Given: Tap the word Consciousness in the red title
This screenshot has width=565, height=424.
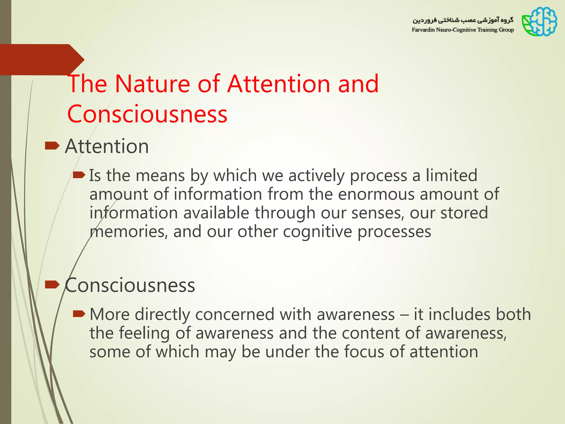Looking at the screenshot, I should click(x=147, y=114).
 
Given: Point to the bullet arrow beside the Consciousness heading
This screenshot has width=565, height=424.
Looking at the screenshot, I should click(x=52, y=284).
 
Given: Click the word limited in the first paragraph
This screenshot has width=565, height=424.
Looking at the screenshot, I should click(x=451, y=175).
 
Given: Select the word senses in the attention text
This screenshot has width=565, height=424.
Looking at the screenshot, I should click(x=378, y=213).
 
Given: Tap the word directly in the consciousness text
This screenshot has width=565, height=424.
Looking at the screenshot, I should click(x=162, y=314).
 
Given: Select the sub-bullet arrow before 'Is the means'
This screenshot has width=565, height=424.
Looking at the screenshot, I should click(x=79, y=175).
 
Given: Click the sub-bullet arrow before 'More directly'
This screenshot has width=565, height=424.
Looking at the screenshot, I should click(x=79, y=314).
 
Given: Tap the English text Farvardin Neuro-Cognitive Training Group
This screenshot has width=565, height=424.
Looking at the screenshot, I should click(x=463, y=30).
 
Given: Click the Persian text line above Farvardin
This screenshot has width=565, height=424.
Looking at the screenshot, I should click(x=463, y=20).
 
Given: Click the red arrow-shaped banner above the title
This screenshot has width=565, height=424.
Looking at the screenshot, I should click(x=41, y=59).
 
